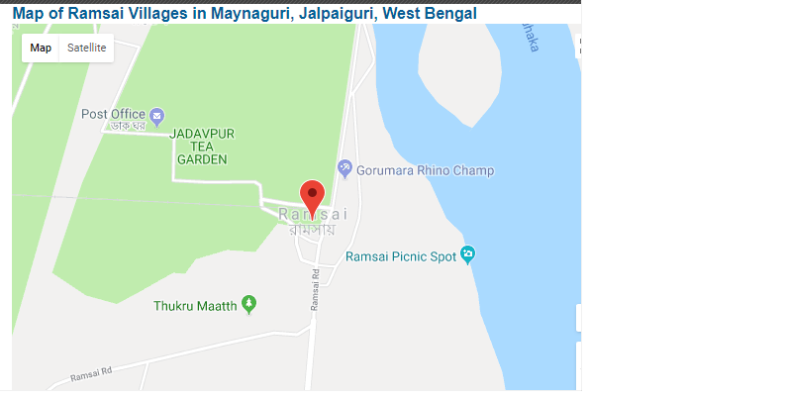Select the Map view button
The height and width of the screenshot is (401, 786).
(41, 48)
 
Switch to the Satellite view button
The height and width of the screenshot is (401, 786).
(86, 48)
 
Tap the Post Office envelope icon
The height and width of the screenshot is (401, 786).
(157, 115)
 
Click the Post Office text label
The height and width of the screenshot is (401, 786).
(113, 114)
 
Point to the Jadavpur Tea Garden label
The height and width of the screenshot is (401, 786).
(202, 146)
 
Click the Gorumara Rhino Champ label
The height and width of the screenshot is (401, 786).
(425, 170)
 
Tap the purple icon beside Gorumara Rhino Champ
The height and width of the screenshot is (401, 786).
(344, 167)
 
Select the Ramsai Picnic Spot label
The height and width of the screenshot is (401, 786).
(401, 256)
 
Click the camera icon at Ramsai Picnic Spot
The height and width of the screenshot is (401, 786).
(469, 254)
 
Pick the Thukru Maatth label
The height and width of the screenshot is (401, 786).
(195, 306)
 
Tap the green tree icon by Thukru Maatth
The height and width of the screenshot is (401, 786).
(248, 304)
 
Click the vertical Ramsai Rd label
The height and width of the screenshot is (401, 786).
(315, 290)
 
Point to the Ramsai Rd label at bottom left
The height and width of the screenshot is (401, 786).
(93, 376)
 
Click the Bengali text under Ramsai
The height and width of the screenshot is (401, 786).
(312, 231)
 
